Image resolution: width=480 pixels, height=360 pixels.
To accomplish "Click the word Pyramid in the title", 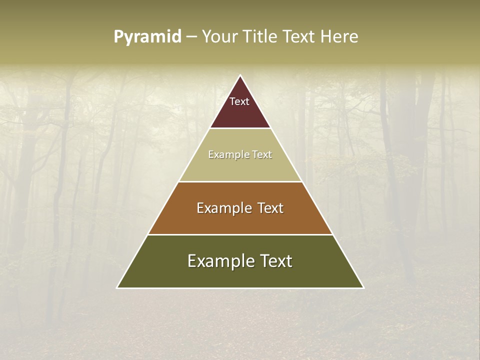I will coord(147,37).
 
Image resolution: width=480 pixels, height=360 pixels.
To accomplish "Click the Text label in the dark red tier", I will coord(239,101).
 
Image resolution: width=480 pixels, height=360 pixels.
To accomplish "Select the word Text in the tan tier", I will coord(262,155).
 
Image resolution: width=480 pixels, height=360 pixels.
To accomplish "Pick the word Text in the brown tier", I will coord(270,208).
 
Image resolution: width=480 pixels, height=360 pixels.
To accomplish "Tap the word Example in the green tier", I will coord(215,261).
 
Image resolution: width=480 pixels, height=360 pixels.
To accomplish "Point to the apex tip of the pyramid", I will coord(240,76).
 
